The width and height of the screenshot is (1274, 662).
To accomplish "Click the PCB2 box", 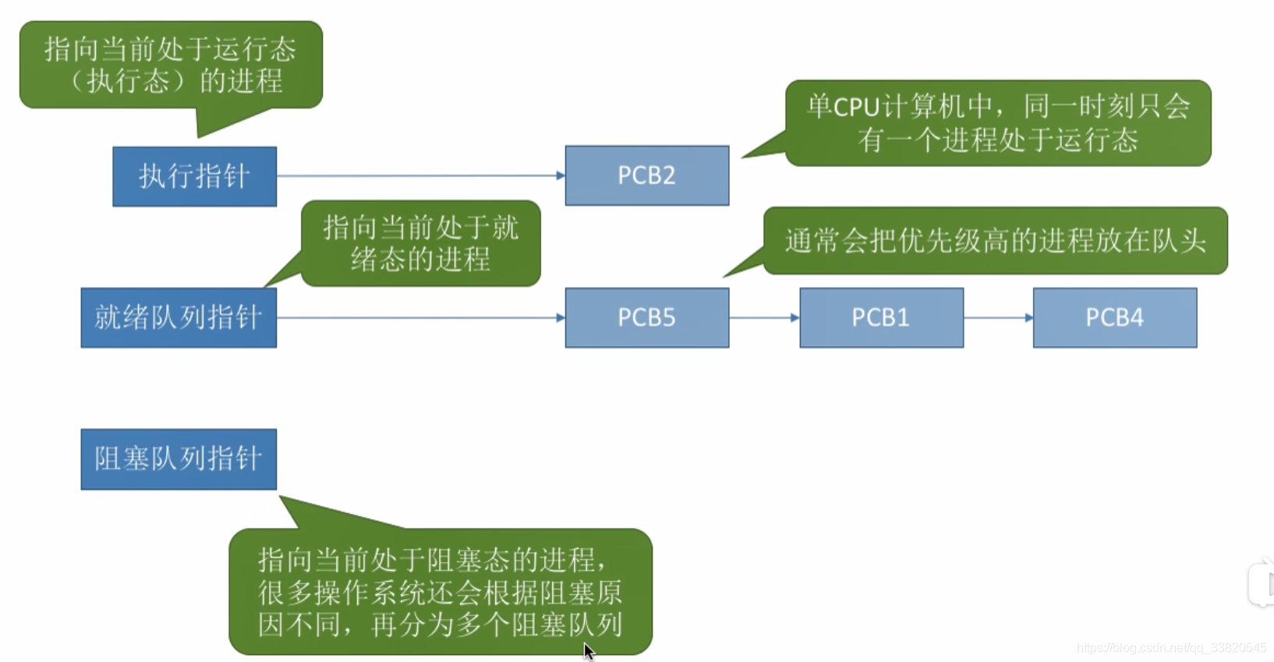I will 646,175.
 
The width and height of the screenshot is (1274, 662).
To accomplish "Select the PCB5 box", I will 646,317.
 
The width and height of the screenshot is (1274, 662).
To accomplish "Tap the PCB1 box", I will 881,317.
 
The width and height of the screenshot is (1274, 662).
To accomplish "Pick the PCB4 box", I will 1114,317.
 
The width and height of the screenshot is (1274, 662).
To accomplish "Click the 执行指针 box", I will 194,176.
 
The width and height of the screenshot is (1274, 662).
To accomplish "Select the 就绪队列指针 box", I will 179,317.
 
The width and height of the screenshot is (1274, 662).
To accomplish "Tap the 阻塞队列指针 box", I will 179,458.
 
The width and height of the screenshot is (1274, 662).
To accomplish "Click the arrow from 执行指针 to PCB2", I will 421,175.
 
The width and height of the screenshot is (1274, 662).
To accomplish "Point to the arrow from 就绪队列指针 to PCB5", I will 421,317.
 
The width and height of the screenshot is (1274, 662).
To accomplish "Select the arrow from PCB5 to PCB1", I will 764,317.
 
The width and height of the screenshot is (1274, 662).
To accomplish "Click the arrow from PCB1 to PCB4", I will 998,317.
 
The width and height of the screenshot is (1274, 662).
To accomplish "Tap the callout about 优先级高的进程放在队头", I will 995,241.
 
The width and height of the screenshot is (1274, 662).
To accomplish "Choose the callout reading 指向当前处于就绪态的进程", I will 420,243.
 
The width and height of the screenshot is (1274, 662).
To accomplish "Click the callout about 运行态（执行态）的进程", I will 171,65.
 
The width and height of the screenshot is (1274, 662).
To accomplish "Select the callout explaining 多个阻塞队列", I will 440,592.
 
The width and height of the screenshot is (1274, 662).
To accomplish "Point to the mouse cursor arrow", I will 589,651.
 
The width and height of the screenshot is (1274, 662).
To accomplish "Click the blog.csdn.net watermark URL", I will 1171,648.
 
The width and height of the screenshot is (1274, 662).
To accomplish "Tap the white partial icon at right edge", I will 1263,582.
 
